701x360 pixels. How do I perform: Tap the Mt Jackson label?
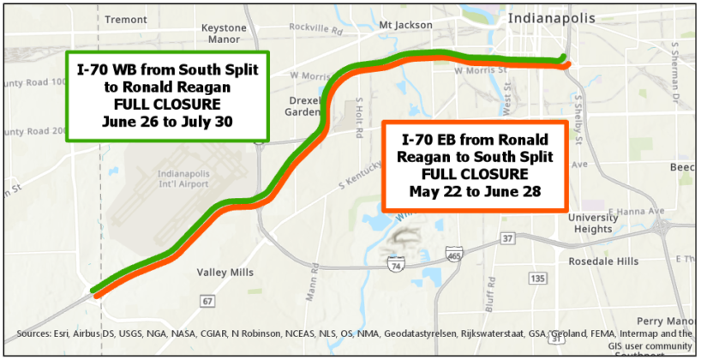(x=404, y=26)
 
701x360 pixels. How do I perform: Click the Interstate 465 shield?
(x=454, y=255)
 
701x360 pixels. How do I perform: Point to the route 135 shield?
(x=538, y=279)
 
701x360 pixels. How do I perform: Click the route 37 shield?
(x=507, y=237)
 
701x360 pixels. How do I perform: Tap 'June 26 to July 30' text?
(x=167, y=121)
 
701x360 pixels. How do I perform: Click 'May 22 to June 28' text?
(x=474, y=190)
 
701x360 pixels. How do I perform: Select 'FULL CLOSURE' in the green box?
(x=167, y=104)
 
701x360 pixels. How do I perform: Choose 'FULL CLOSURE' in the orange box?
(x=474, y=173)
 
